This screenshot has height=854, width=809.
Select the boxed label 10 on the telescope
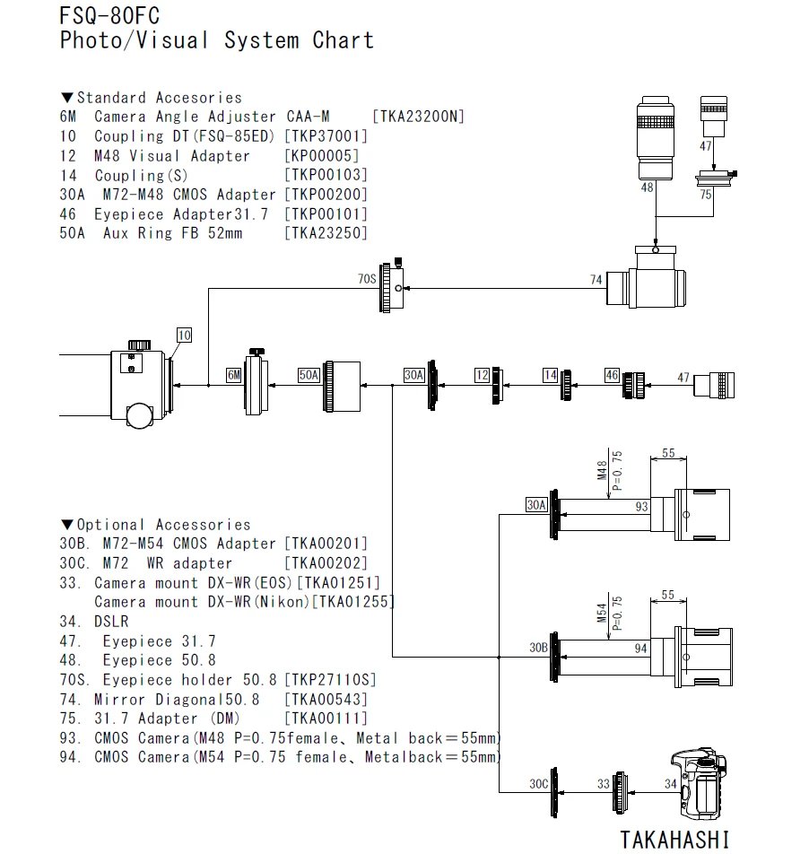[x=184, y=335]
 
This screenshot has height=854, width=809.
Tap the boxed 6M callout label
[x=233, y=375]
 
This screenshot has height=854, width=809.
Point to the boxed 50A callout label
[x=309, y=375]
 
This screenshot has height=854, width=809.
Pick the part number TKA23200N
[x=418, y=117]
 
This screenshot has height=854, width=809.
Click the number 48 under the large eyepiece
[x=647, y=187]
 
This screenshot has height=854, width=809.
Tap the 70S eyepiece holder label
[x=367, y=279]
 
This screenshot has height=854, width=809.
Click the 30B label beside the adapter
[x=538, y=647]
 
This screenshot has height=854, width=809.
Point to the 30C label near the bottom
[x=538, y=783]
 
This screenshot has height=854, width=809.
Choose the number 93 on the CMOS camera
[x=641, y=507]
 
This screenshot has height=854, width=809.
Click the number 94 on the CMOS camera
[x=641, y=647]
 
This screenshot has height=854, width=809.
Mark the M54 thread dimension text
[x=603, y=614]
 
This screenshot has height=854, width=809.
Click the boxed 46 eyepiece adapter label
[x=612, y=375]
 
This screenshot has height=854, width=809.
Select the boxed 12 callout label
[x=482, y=375]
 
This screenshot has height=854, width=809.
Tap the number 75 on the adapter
[x=707, y=194]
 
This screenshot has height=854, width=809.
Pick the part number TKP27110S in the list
[x=330, y=680]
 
